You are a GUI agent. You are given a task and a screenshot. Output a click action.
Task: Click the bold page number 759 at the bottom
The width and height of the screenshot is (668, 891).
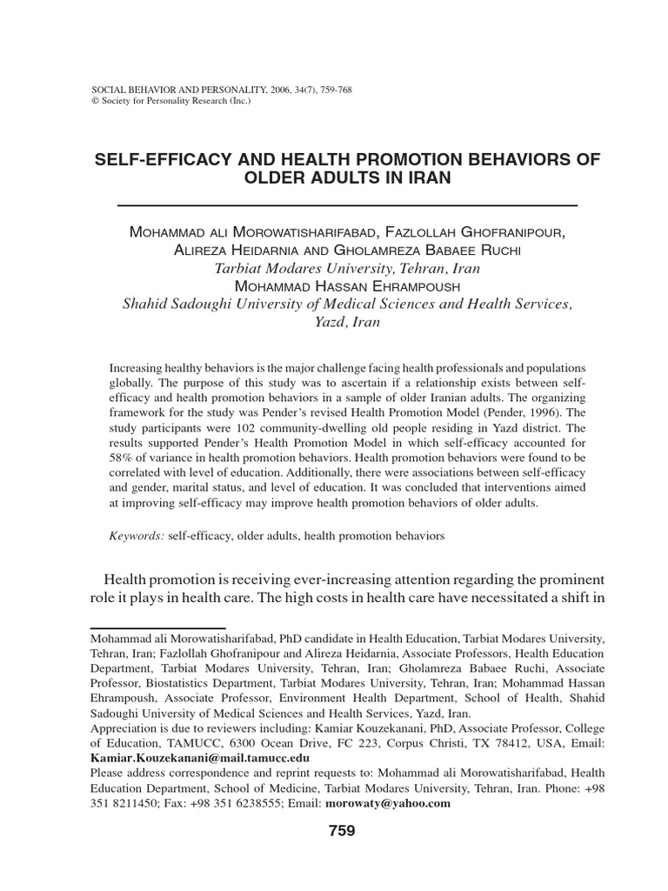coord(342,831)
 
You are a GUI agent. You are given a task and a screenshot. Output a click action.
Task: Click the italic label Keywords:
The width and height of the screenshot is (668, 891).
coord(137,537)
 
